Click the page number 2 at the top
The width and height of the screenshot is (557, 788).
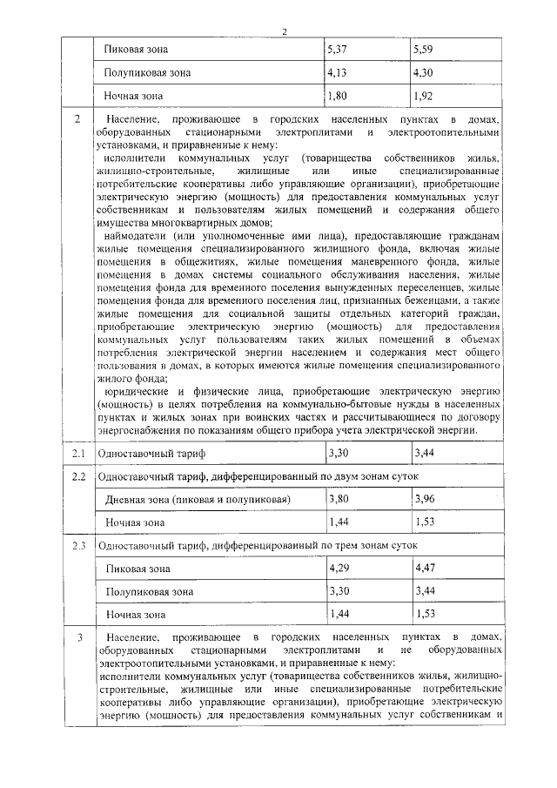(284, 32)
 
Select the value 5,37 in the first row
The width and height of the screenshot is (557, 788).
(336, 51)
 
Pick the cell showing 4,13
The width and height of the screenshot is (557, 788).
(336, 73)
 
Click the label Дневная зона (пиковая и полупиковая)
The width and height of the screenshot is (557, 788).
(197, 501)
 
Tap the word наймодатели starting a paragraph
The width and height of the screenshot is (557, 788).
(134, 236)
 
